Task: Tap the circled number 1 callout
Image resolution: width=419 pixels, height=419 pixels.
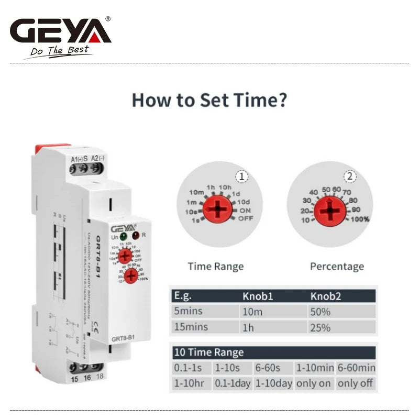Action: coord(241,177)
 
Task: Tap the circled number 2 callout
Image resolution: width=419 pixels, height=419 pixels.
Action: coord(349,177)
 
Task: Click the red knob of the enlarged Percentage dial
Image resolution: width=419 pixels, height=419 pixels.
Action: coord(330,211)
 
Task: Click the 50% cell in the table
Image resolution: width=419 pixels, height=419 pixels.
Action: coord(320,312)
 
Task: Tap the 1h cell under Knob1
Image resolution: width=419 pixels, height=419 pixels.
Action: coord(248,327)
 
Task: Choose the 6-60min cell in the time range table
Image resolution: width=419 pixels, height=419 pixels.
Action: coord(356,368)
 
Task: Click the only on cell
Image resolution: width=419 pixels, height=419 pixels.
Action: coord(313,383)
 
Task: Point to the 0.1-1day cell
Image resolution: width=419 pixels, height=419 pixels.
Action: coord(233,383)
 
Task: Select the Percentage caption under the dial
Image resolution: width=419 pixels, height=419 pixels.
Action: coord(337,267)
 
